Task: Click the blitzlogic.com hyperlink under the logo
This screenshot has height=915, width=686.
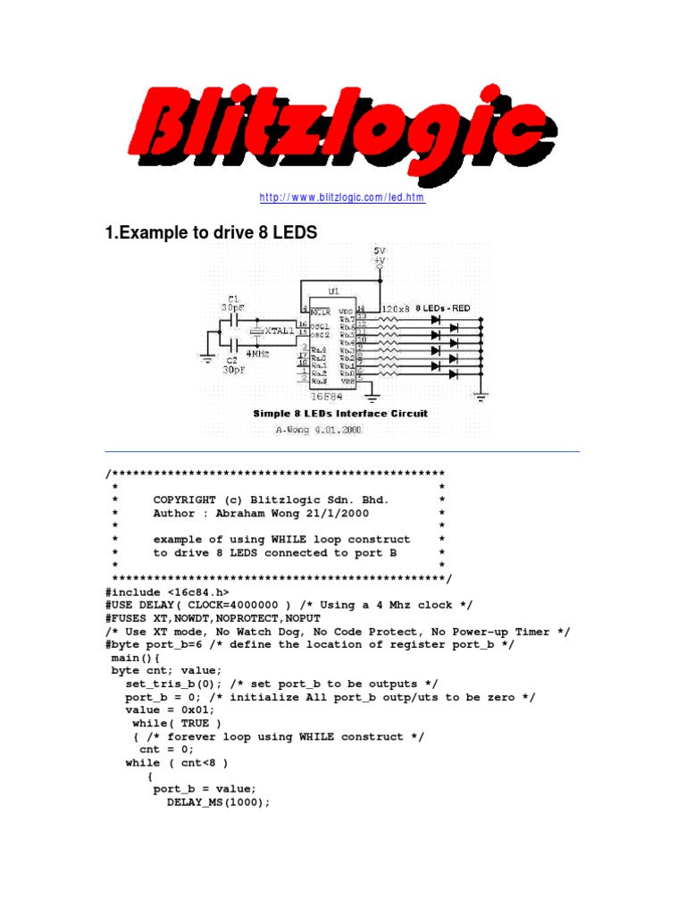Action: click(342, 197)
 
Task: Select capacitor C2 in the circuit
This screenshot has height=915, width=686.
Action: click(234, 341)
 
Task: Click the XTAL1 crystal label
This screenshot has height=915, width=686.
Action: click(278, 330)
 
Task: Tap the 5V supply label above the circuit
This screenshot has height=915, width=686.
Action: click(380, 250)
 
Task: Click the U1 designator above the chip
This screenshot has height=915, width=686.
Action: click(333, 291)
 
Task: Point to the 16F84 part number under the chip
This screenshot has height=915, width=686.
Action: click(331, 394)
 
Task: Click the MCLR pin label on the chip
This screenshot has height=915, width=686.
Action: click(321, 311)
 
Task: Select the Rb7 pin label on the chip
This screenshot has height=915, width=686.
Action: click(347, 319)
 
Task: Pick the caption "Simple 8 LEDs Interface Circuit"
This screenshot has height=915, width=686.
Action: click(340, 414)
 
